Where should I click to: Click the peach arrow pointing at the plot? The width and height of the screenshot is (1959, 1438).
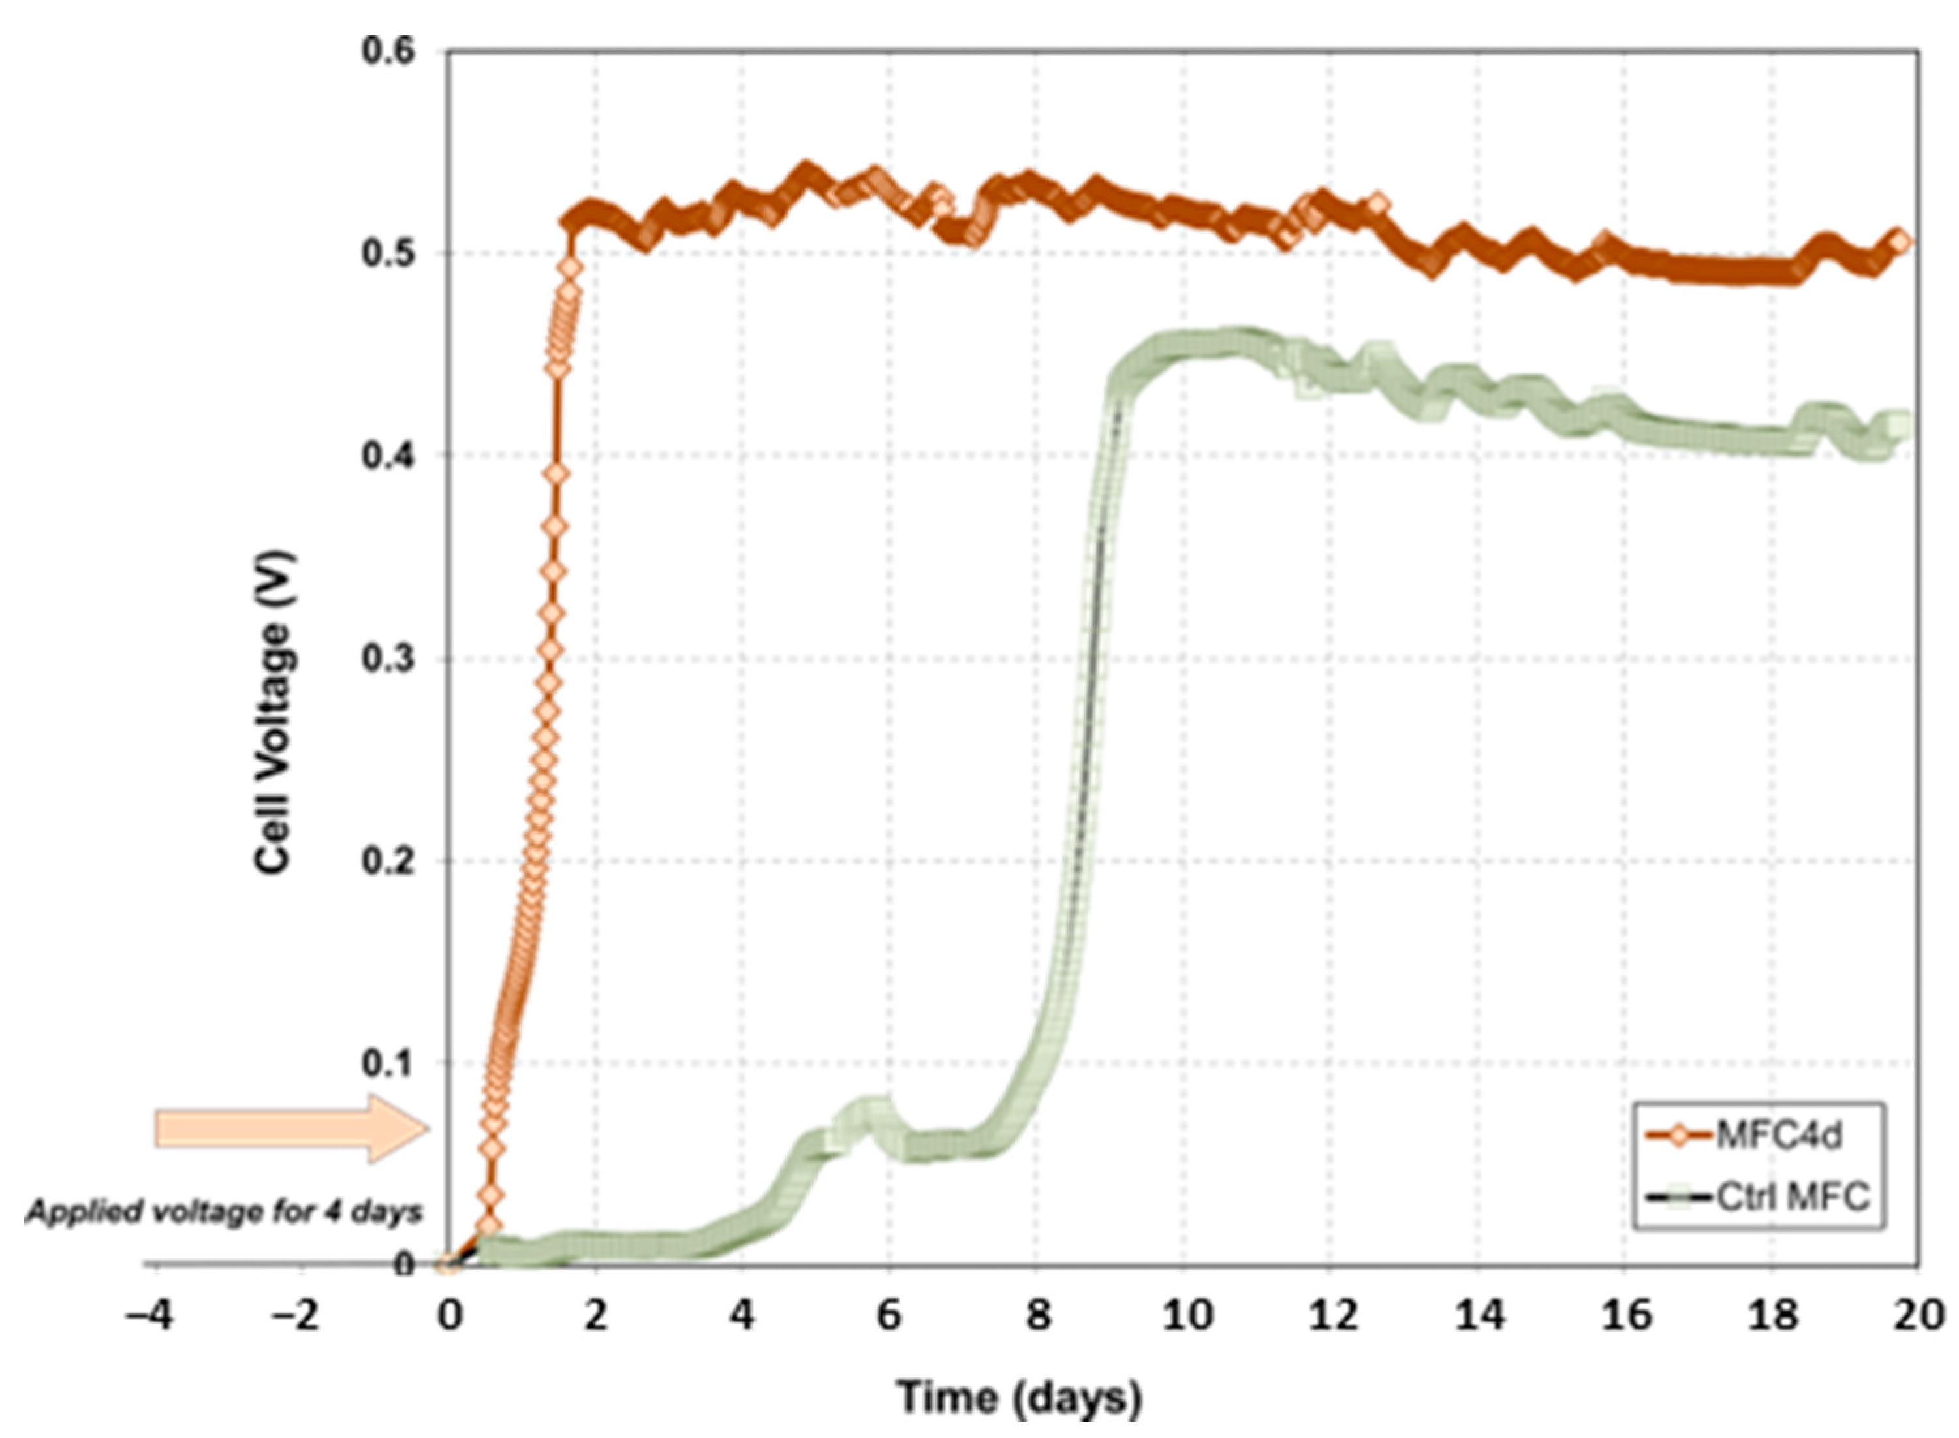tap(292, 1129)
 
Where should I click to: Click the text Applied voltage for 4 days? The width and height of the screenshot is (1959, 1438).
tap(223, 1213)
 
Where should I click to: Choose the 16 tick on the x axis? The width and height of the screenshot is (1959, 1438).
tap(1625, 1315)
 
